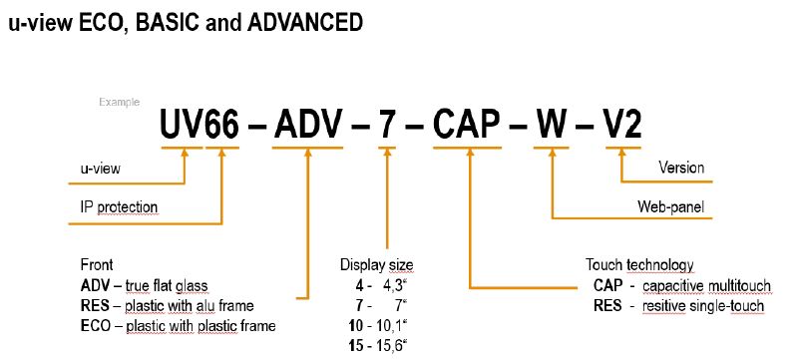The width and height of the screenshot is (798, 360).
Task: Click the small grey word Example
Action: coord(117,101)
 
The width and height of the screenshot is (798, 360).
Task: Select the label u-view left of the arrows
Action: coord(101,169)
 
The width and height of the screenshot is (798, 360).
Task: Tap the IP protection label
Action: coord(119,207)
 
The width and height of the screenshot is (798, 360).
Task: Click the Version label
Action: coord(681,168)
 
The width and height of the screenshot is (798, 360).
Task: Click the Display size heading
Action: coord(376,265)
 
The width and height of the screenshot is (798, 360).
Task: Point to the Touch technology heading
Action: coord(638,265)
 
